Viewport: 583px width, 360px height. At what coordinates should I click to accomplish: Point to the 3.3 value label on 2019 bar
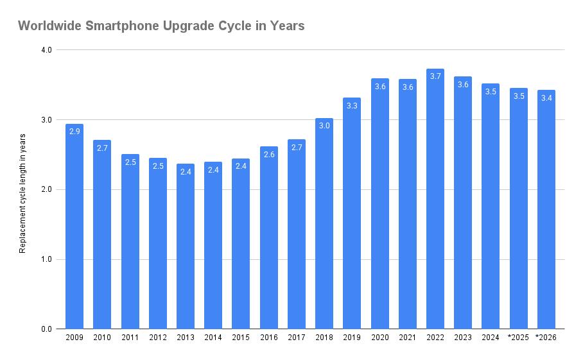(x=352, y=106)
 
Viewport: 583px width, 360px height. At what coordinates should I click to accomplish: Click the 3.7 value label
(x=435, y=76)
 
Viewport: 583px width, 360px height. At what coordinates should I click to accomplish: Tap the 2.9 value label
(x=74, y=132)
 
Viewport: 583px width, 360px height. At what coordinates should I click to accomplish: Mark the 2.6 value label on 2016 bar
(x=269, y=155)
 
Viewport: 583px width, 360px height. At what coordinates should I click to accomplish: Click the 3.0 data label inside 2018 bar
(x=324, y=126)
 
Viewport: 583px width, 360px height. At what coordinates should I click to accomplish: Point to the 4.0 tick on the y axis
(x=46, y=50)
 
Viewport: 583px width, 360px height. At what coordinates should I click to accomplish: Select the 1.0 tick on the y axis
(x=46, y=260)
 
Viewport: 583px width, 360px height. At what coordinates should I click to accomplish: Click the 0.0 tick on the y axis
(x=46, y=329)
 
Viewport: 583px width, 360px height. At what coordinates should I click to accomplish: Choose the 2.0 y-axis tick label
(x=46, y=190)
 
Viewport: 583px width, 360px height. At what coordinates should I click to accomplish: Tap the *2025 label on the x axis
(x=518, y=338)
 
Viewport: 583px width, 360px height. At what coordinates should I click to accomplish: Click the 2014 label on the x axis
(x=213, y=338)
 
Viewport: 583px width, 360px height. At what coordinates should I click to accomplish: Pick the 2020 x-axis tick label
(x=379, y=338)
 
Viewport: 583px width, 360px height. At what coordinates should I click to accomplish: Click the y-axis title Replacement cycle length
(x=23, y=193)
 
